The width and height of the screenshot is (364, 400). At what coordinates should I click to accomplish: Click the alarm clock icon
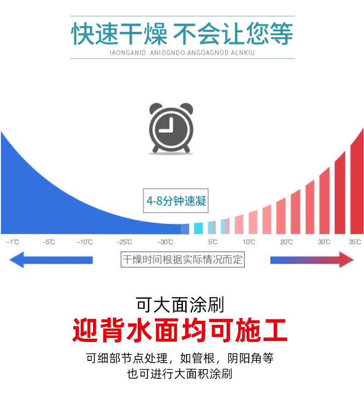coord(171,129)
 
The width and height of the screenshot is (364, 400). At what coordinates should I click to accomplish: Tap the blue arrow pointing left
coord(51,260)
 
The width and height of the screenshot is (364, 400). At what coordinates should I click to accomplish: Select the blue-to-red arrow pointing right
coord(311,260)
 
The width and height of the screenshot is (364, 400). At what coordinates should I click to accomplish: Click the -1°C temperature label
coord(13,242)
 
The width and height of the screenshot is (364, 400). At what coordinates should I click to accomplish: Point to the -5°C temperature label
coord(49,242)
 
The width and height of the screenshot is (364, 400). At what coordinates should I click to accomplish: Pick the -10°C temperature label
coord(85,242)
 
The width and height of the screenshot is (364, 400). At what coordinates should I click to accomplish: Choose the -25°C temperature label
coord(124,242)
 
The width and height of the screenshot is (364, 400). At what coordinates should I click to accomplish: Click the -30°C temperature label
coord(165,242)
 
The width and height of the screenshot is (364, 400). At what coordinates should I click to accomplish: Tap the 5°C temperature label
coord(212,242)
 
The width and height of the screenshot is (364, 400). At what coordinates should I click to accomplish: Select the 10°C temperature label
coord(249,242)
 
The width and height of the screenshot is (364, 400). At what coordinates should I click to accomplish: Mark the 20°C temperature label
coord(286,242)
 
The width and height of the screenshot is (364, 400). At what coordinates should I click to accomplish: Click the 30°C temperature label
coord(324,242)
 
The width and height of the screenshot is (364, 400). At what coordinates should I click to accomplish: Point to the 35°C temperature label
coord(355,242)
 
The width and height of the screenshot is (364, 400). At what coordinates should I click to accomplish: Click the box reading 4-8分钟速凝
coord(176,201)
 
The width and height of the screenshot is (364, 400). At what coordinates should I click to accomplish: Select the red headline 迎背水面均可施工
coord(180,330)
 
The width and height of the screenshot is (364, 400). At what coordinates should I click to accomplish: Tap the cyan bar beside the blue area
coord(198,228)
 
